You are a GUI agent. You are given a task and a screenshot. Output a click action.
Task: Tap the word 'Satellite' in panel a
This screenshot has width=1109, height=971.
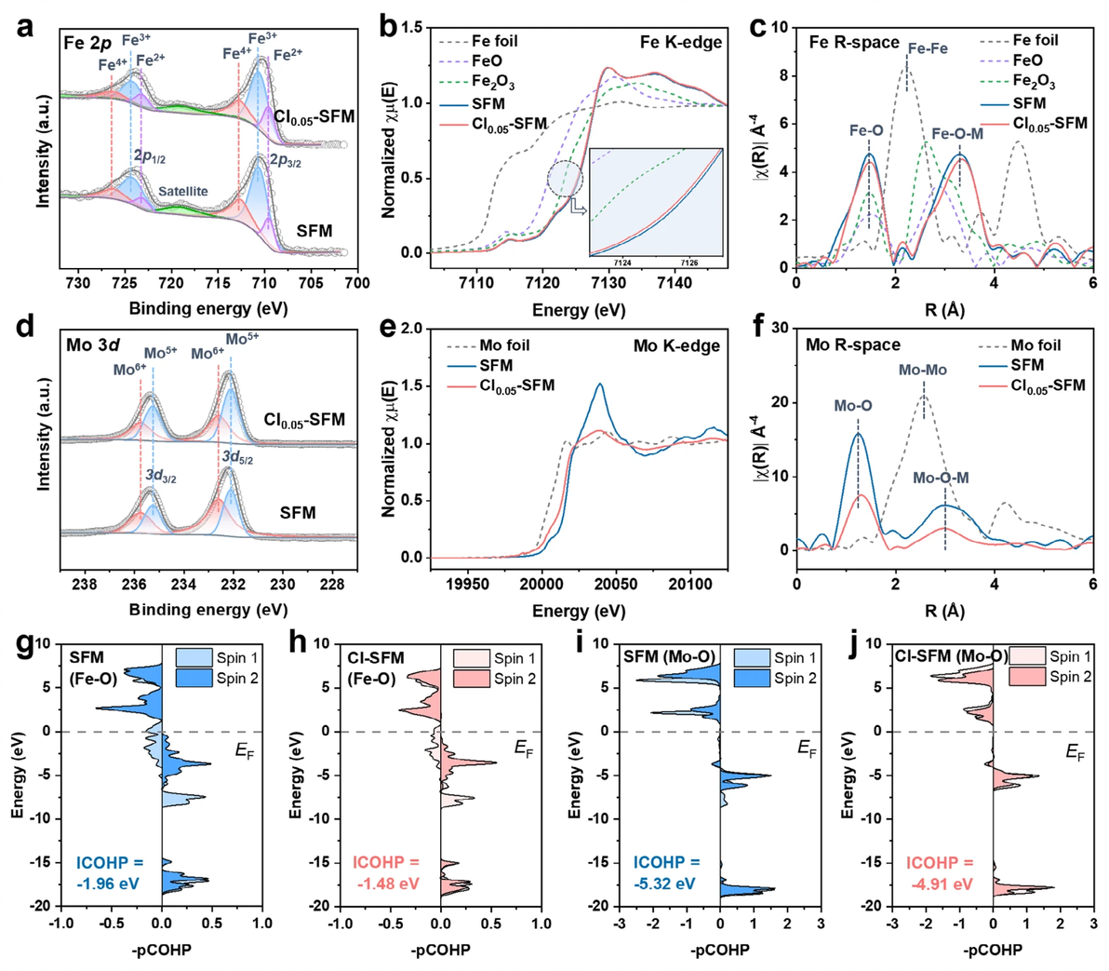182,192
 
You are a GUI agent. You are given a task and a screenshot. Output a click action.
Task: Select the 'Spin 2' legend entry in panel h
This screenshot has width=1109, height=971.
514,679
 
